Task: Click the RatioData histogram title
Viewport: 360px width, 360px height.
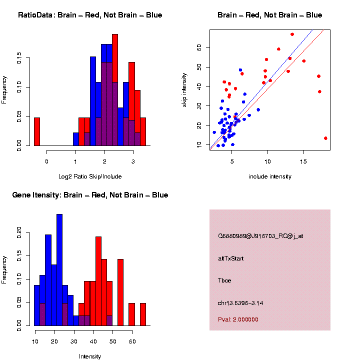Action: pyautogui.click(x=90, y=15)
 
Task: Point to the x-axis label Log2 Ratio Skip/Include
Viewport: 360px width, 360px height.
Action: pyautogui.click(x=90, y=176)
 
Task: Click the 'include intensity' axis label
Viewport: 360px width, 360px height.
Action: pyautogui.click(x=270, y=176)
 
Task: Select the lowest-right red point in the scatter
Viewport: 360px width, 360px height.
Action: pyautogui.click(x=325, y=138)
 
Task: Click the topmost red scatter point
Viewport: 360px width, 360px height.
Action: pyautogui.click(x=292, y=34)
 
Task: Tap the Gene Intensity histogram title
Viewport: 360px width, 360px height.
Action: pyautogui.click(x=90, y=195)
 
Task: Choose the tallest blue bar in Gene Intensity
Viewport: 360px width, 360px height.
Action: pyautogui.click(x=59, y=270)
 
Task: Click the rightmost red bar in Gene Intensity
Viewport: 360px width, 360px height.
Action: pyautogui.click(x=142, y=314)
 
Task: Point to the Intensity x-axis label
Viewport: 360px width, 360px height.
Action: pyautogui.click(x=90, y=356)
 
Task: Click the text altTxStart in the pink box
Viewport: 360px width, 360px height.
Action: pyautogui.click(x=231, y=259)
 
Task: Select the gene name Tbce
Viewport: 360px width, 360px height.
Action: pyautogui.click(x=224, y=281)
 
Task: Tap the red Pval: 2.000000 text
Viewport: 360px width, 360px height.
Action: pyautogui.click(x=238, y=319)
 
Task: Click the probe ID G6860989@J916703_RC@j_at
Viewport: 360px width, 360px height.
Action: pyautogui.click(x=260, y=236)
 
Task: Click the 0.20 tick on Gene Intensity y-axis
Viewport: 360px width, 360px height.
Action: pyautogui.click(x=27, y=231)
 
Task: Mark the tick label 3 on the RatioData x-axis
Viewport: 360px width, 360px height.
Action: pyautogui.click(x=133, y=162)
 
